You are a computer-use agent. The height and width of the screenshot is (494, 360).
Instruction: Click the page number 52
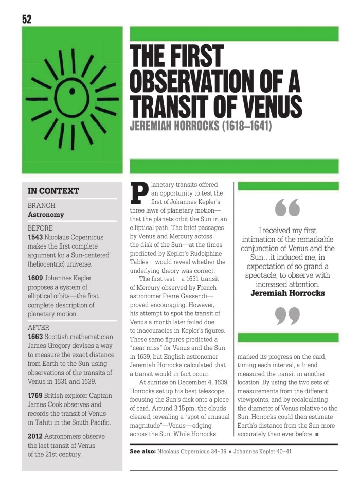(x=27, y=20)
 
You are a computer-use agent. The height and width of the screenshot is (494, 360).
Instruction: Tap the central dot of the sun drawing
(x=73, y=92)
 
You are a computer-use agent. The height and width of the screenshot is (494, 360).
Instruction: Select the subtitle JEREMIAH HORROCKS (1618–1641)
(x=201, y=126)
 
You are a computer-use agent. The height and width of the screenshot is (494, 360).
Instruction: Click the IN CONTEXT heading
(x=53, y=191)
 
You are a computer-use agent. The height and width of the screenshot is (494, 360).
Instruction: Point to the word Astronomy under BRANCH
(x=46, y=215)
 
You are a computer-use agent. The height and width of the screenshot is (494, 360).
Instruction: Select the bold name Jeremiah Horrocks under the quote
(x=287, y=293)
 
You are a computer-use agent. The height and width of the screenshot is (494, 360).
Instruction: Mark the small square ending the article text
(x=317, y=435)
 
